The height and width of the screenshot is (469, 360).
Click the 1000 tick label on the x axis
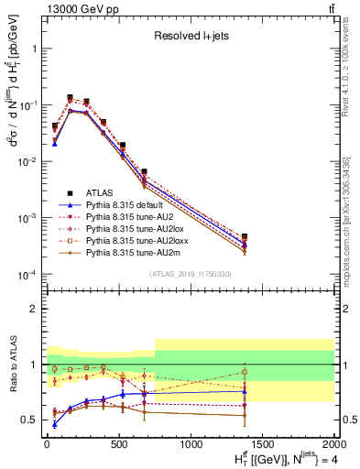point(191,443)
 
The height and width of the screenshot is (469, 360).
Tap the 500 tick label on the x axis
point(118,443)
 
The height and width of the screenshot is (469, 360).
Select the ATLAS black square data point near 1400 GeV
point(245,236)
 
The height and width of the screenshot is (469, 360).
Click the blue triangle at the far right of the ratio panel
point(245,391)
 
